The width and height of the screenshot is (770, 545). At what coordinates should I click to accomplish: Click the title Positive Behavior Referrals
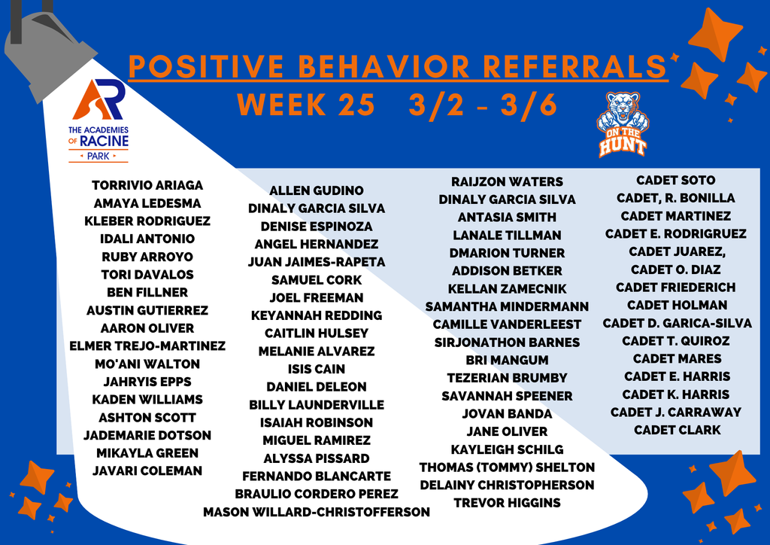[x=397, y=67]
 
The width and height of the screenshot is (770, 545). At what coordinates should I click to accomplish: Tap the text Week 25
[x=306, y=105]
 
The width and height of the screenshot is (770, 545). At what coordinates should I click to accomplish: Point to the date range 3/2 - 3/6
[x=483, y=105]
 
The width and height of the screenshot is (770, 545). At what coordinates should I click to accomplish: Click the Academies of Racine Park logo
[x=99, y=120]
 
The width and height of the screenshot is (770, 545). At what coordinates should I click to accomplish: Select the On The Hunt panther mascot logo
[x=623, y=123]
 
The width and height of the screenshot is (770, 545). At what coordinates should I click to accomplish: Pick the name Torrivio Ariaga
[x=147, y=185]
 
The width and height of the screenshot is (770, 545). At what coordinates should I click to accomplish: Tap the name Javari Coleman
[x=147, y=471]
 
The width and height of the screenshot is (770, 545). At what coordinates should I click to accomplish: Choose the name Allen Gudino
[x=317, y=191]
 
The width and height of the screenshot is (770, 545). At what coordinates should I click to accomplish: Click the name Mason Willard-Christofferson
[x=317, y=513]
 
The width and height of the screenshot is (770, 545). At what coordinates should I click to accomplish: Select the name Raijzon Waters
[x=507, y=182]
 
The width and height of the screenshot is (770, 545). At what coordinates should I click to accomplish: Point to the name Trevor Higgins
[x=507, y=503]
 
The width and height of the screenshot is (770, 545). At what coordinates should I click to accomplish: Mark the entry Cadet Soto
[x=676, y=181]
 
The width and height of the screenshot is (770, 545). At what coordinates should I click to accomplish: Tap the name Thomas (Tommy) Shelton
[x=507, y=467]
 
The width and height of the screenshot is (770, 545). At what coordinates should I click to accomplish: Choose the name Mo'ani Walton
[x=147, y=364]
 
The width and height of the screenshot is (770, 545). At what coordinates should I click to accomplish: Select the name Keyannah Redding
[x=317, y=316]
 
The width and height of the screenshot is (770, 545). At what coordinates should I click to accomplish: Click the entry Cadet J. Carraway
[x=676, y=413]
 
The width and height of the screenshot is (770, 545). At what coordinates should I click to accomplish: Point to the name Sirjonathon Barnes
[x=507, y=343]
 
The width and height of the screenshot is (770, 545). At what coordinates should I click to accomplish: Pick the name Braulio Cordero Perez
[x=317, y=495]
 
